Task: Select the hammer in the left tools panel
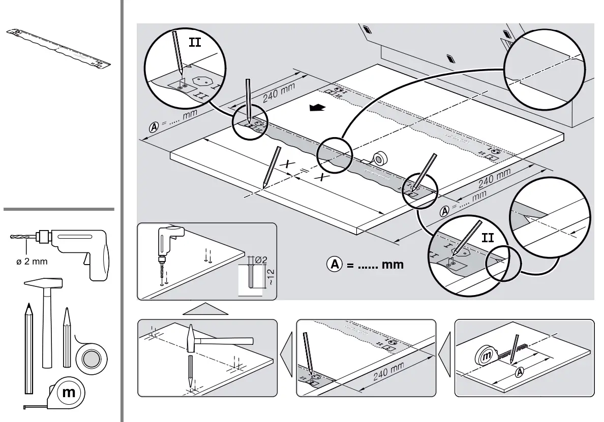tap(47, 315)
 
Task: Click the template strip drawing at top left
tap(58, 48)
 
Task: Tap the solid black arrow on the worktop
tap(317, 107)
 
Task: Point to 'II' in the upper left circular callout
tap(195, 42)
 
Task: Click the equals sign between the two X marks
tap(305, 170)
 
